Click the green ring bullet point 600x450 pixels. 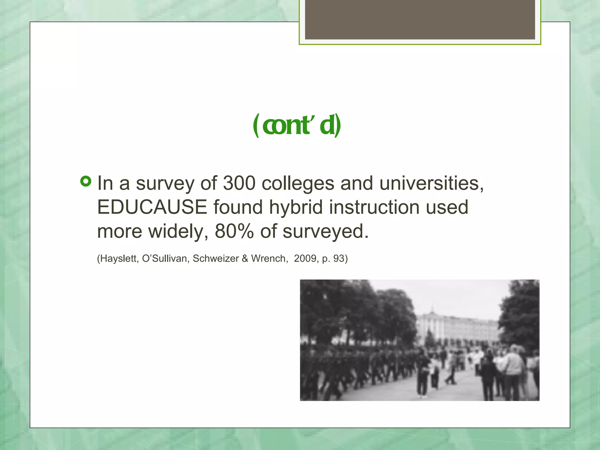click(86, 182)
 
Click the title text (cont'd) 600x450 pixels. click(297, 125)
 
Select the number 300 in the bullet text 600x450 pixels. click(239, 183)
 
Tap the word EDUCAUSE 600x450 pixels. click(152, 207)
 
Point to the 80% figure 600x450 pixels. click(234, 231)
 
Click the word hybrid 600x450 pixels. click(296, 207)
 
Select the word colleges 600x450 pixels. click(298, 184)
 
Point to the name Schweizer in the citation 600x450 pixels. click(216, 258)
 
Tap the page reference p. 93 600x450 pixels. click(333, 258)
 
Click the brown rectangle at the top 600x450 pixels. click(420, 19)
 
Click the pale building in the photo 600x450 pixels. click(457, 328)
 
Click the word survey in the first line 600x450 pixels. click(165, 184)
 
